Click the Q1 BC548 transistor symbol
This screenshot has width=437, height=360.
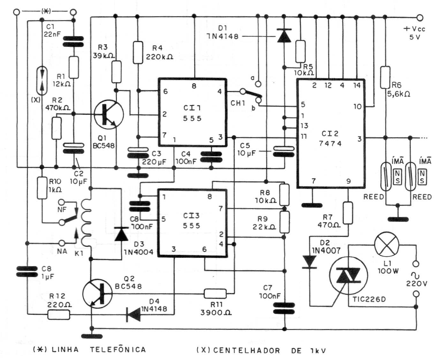[109, 115]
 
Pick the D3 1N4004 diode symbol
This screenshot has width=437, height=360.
[121, 234]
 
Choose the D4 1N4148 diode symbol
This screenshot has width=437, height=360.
[133, 315]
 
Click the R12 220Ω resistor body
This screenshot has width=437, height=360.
[59, 315]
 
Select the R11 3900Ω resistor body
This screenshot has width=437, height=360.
[215, 293]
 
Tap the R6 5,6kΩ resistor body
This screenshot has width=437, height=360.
[385, 77]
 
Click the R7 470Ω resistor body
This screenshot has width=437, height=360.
[348, 213]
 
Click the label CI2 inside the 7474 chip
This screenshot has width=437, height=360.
[330, 134]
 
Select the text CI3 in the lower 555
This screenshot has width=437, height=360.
[191, 216]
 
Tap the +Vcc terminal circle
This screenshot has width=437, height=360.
[420, 17]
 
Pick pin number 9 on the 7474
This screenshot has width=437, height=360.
[348, 181]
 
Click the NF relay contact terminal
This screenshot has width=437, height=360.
[62, 202]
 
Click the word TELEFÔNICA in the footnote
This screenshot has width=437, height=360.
[118, 349]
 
